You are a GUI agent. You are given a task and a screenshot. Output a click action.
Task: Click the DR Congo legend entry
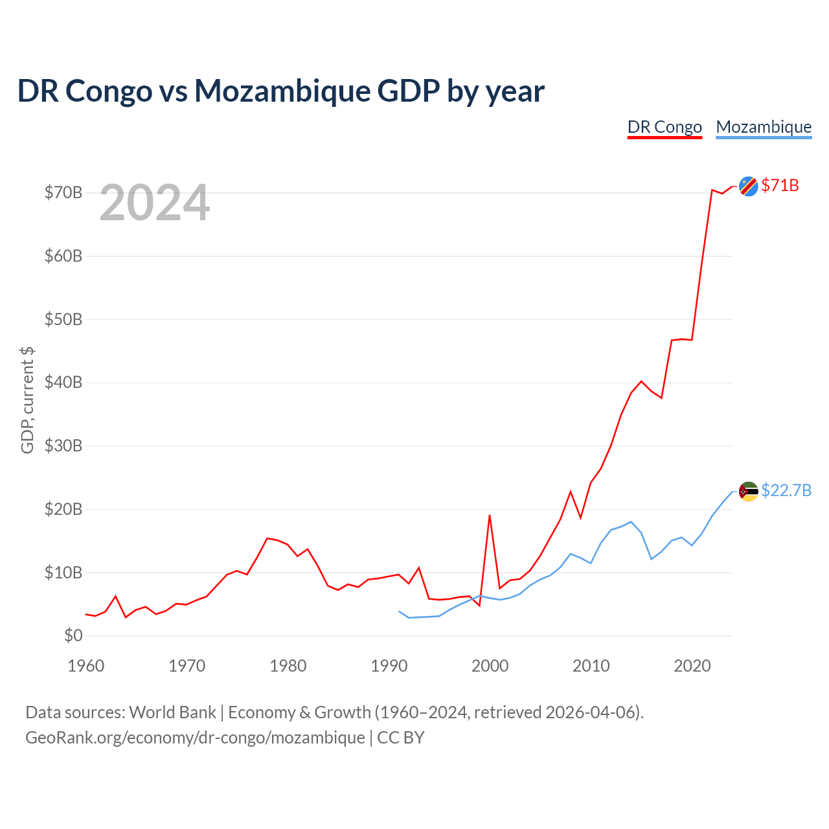coord(664,128)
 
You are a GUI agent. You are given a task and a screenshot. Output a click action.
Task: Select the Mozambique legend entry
coord(764,128)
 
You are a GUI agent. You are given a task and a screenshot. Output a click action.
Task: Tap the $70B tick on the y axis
coord(63,192)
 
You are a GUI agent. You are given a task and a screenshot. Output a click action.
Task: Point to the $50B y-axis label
coord(63,319)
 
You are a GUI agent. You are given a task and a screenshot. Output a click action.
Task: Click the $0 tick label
coord(73,635)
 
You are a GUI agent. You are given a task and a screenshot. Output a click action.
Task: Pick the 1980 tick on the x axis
coord(288,666)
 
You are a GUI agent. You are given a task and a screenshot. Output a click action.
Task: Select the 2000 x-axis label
coord(490,666)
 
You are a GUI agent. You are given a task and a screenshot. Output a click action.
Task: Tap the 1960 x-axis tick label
coord(86,666)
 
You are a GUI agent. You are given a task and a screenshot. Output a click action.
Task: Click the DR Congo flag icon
coord(748,187)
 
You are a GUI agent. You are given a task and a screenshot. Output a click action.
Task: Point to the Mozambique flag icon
coord(748,492)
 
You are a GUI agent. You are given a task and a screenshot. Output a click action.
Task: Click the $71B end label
coord(780,185)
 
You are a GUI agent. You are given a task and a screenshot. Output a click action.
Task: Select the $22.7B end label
coord(786,490)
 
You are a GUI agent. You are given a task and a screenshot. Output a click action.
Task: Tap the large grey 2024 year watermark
coord(155,202)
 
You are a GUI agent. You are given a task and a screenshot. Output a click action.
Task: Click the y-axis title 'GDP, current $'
coord(27,400)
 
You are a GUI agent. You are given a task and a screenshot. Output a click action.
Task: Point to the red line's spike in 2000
coord(490,515)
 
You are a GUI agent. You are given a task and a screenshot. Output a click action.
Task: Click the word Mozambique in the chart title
coord(282,91)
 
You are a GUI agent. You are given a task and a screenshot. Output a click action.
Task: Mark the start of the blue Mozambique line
coord(399,611)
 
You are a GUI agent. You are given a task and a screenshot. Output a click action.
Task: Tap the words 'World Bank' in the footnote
coord(172,712)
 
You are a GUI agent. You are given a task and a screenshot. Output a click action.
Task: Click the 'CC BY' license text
coord(400,738)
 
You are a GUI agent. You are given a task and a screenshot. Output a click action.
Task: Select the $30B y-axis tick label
coord(63,446)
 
